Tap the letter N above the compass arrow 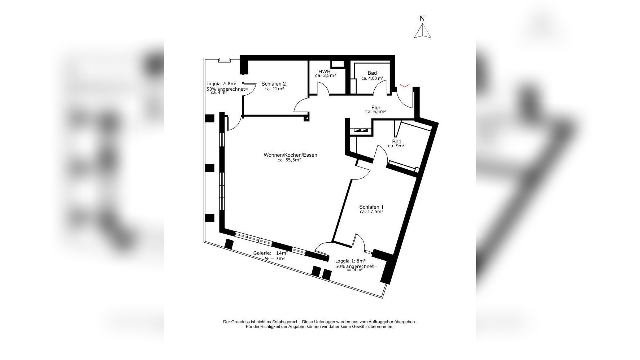(422, 18)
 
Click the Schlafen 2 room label (274, 84)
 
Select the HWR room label (325, 71)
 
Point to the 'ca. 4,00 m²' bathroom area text (372, 78)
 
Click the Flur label (376, 108)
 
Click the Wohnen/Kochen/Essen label (290, 155)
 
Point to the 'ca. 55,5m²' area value (289, 160)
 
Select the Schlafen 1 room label (371, 207)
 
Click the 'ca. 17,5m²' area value (371, 212)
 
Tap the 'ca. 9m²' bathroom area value (396, 146)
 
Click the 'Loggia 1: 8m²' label (350, 261)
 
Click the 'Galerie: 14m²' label (271, 253)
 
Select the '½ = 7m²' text (275, 259)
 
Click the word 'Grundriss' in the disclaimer (240, 322)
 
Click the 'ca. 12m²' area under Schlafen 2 (274, 89)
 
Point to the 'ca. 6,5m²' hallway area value (375, 112)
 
